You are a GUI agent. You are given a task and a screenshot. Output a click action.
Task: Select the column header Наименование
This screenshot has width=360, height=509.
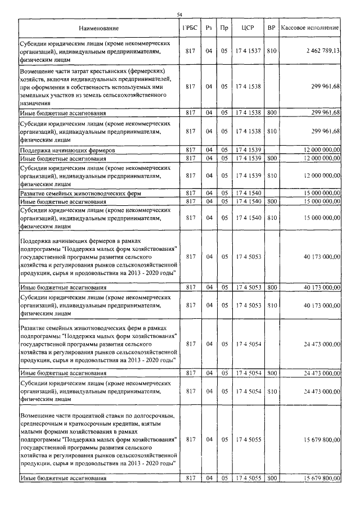99,28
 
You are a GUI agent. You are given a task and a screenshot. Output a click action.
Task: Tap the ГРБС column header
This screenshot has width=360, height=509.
190,28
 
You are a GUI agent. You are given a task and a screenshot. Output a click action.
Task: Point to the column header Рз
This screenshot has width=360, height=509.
208,28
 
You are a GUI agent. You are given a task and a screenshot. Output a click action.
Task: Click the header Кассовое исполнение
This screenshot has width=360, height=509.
310,28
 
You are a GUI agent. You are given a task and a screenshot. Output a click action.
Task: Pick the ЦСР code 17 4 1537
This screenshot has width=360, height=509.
248,51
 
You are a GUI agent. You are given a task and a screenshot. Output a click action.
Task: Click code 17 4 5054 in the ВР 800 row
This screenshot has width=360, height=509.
248,372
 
